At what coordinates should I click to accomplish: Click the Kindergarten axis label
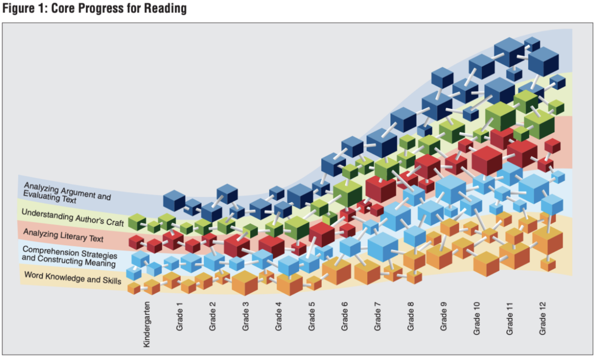[147, 324]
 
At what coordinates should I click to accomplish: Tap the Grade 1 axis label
[180, 319]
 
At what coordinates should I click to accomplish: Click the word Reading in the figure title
[165, 8]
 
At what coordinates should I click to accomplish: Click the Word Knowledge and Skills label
[73, 278]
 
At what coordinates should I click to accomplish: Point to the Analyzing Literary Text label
[63, 235]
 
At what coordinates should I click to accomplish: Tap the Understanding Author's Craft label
[73, 217]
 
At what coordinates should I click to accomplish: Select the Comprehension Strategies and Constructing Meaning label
[69, 256]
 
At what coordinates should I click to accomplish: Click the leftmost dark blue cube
[174, 200]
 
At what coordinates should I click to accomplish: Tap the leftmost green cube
[137, 222]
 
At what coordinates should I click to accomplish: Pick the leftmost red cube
[136, 242]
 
